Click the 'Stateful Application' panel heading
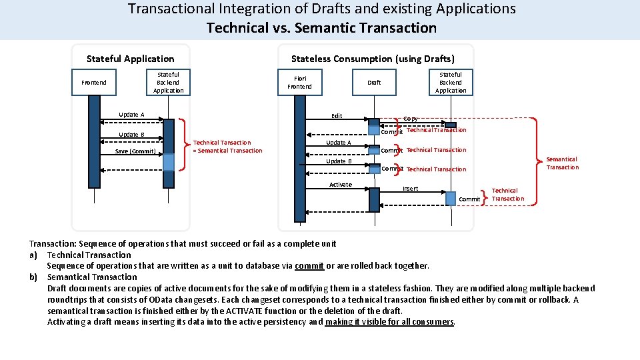[131, 59]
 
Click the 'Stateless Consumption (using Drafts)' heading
[373, 59]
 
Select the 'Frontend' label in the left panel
[93, 83]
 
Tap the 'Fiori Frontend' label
[299, 82]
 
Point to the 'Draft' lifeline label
[374, 83]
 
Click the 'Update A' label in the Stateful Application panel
[131, 115]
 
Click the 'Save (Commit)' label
[135, 151]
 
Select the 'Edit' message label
[337, 116]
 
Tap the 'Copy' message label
[411, 119]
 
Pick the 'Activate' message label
[340, 185]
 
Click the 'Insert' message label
[411, 189]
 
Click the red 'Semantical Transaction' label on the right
[562, 163]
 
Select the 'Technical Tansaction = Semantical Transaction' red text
[227, 147]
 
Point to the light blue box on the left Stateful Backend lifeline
[169, 162]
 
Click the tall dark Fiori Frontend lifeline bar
[299, 160]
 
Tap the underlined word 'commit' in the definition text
[309, 266]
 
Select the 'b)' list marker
[33, 277]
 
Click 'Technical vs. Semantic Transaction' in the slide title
[321, 28]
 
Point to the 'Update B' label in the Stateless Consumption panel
[339, 161]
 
